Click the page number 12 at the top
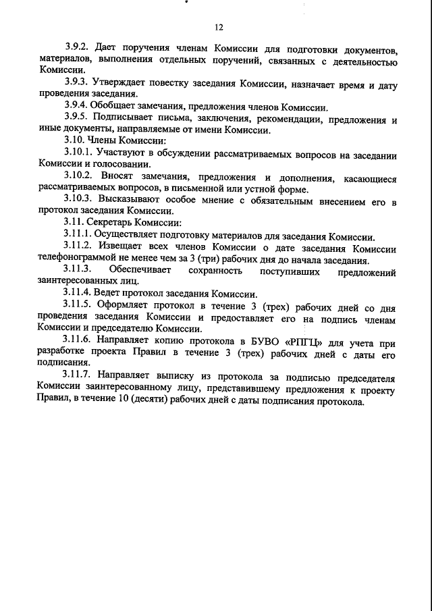pos(218,28)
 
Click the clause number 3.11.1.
pos(80,236)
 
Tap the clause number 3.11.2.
pos(80,248)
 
